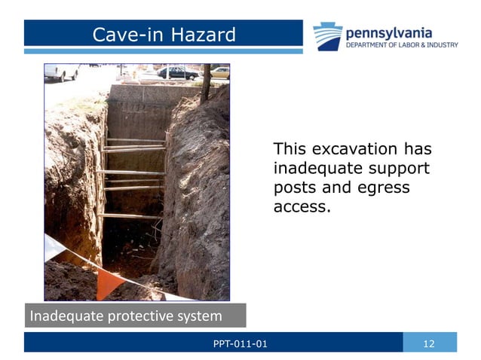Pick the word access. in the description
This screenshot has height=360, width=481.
coord(302,205)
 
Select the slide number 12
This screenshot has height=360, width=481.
coord(430,345)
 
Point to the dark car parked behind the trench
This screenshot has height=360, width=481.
coord(176,72)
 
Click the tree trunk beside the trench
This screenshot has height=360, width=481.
coord(205,83)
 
